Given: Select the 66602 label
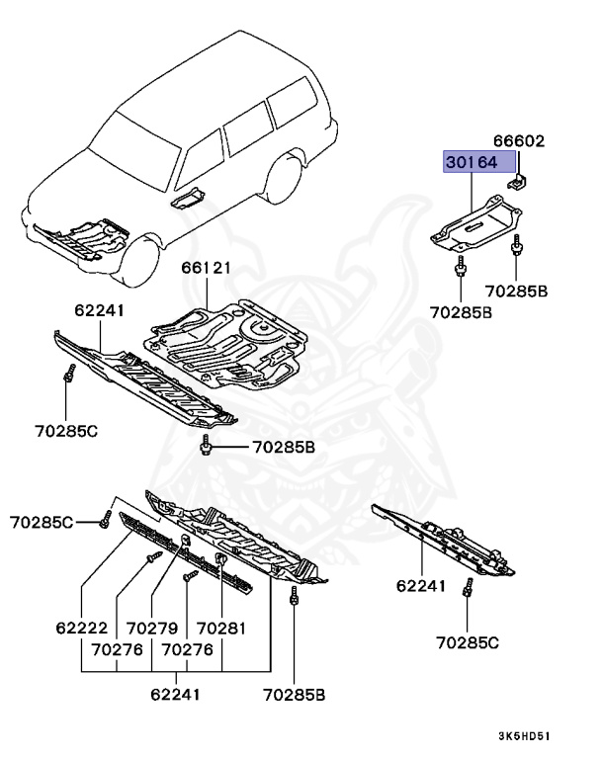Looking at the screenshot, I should pos(519,141).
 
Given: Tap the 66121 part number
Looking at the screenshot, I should pos(206,268).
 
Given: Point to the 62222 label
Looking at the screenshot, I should pos(80,627).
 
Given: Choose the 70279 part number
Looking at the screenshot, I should pos(151,627).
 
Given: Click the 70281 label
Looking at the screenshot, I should pos(220,627).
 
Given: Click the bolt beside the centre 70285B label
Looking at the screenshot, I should pos(206,449).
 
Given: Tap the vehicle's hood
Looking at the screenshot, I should pos(69,188).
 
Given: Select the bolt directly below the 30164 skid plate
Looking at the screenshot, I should pos(462,268).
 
